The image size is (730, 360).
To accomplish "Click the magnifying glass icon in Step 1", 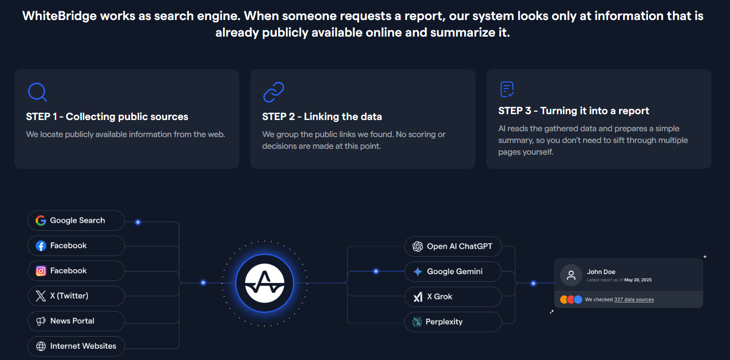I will tap(37, 92).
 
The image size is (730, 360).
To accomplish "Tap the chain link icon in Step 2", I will tap(273, 92).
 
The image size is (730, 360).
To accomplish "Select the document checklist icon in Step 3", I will tap(507, 89).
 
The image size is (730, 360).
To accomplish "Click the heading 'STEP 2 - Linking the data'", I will tap(322, 117).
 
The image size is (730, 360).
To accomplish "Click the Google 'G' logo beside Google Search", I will tap(41, 220).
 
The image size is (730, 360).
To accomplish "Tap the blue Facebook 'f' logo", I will tap(41, 246).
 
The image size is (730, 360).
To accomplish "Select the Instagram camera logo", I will tap(41, 271).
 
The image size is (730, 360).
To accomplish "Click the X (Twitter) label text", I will tap(69, 296).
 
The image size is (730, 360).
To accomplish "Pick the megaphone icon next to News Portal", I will tap(41, 321).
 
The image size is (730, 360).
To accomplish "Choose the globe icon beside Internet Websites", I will tap(41, 346).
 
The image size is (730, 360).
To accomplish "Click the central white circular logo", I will tap(264, 283).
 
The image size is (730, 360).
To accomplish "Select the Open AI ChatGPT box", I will tap(452, 246).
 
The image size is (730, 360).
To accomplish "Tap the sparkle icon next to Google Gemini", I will tap(418, 272).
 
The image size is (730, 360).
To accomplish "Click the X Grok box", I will tap(452, 297).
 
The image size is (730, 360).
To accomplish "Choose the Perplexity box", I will tap(452, 322).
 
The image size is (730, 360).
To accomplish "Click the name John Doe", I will tap(601, 272).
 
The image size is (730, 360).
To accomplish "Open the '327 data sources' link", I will tap(634, 300).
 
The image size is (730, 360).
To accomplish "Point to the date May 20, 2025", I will tap(638, 280).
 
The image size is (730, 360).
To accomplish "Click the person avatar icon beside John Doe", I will tap(571, 275).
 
